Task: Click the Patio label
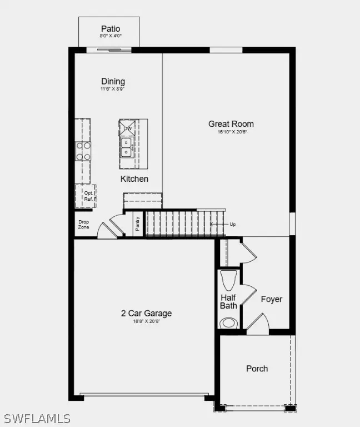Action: click(111, 29)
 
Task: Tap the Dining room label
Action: click(113, 82)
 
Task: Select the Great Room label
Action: click(231, 124)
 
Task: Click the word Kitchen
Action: click(134, 178)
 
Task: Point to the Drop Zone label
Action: click(83, 224)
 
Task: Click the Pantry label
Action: click(138, 224)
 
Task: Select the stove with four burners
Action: click(83, 151)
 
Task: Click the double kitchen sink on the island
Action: click(127, 147)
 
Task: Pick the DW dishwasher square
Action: click(127, 128)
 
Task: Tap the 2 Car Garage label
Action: click(146, 313)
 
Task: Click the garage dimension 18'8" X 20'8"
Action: click(146, 321)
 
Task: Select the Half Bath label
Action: click(228, 302)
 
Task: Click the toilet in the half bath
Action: click(228, 322)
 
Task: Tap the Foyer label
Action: click(272, 299)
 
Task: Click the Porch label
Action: click(257, 369)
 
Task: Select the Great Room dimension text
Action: click(231, 132)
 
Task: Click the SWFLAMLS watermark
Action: click(37, 418)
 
